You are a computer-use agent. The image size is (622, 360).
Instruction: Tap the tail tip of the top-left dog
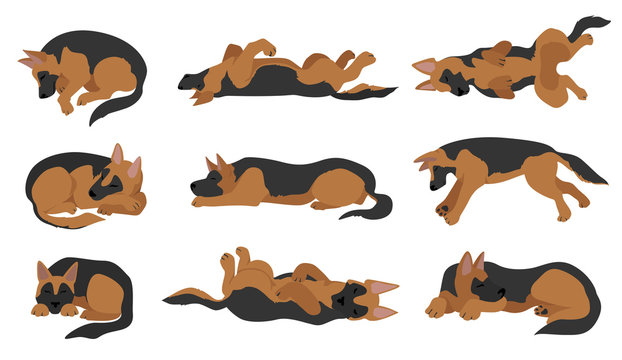[x=96, y=120]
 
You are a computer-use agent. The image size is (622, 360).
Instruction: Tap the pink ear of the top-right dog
[x=426, y=67]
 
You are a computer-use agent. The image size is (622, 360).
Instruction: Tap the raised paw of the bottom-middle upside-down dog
[x=228, y=258]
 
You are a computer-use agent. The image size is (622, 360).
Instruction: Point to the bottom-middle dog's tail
[x=185, y=296]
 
